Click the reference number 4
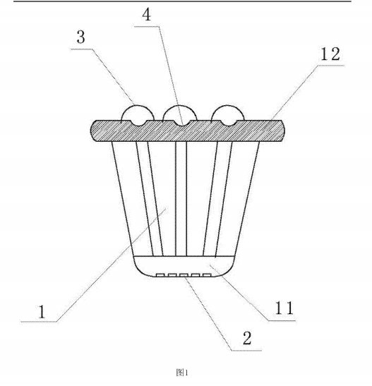[x=147, y=15]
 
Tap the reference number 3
[x=80, y=37]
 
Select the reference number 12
[x=330, y=54]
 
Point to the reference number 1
[x=42, y=311]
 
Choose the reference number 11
[x=284, y=308]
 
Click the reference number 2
[x=247, y=338]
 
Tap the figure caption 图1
[x=182, y=373]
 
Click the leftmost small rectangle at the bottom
[x=160, y=275]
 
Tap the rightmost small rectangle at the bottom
[x=207, y=275]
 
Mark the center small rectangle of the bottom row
[x=184, y=275]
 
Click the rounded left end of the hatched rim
[x=93, y=131]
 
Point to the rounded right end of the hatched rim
[x=282, y=131]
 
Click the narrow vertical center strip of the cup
[x=181, y=199]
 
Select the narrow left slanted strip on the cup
[x=150, y=199]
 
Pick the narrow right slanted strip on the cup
[x=217, y=199]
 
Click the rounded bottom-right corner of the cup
[x=229, y=270]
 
